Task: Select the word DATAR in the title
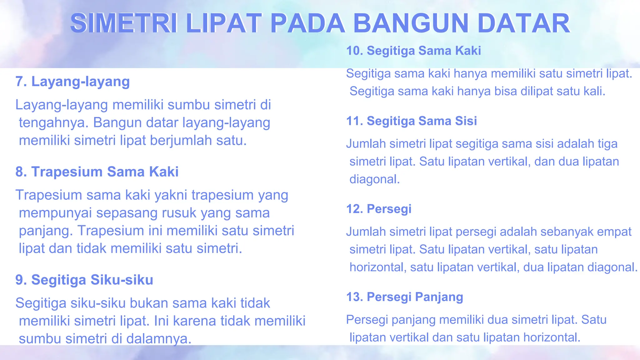(x=524, y=23)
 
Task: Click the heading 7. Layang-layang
(x=72, y=82)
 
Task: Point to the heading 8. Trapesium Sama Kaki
(x=97, y=172)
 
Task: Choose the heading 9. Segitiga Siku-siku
(x=84, y=280)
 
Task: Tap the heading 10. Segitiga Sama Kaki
(x=413, y=51)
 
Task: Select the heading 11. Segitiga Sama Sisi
(x=412, y=121)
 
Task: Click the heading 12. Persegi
(x=379, y=209)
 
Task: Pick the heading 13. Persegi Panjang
(x=405, y=297)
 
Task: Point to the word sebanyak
(x=565, y=232)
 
